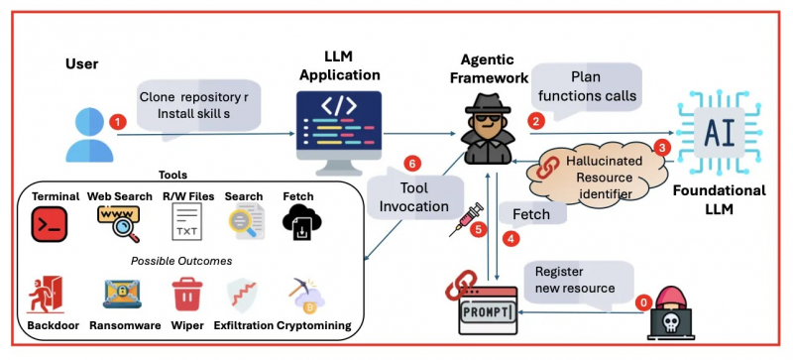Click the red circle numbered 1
tap(118, 122)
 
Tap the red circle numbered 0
tap(643, 303)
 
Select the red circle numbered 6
tap(412, 164)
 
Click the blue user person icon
tap(89, 135)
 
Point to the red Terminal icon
tap(49, 224)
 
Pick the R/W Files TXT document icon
tap(186, 221)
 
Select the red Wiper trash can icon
tap(187, 294)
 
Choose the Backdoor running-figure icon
tap(46, 294)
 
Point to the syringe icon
tap(466, 220)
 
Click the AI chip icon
tap(720, 133)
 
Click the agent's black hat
tap(488, 104)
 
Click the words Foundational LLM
tap(720, 199)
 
